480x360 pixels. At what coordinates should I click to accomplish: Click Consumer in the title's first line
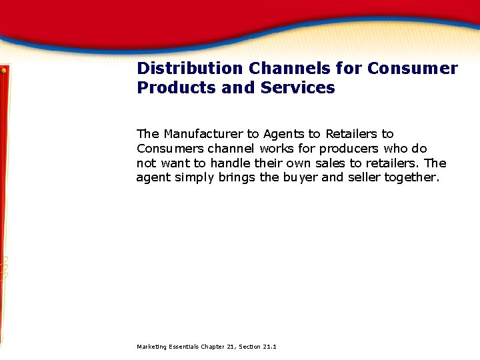[413, 69]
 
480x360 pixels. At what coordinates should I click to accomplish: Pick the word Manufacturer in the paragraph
[203, 134]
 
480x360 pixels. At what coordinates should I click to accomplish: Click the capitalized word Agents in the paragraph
[284, 134]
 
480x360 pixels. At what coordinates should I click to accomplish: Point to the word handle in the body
[230, 163]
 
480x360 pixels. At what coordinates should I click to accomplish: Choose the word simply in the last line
[194, 178]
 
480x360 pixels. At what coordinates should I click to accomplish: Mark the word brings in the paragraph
[237, 178]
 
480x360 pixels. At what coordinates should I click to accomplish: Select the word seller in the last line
[363, 178]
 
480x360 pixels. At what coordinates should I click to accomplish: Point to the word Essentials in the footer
[182, 347]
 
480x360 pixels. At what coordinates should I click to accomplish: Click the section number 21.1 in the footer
[269, 347]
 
